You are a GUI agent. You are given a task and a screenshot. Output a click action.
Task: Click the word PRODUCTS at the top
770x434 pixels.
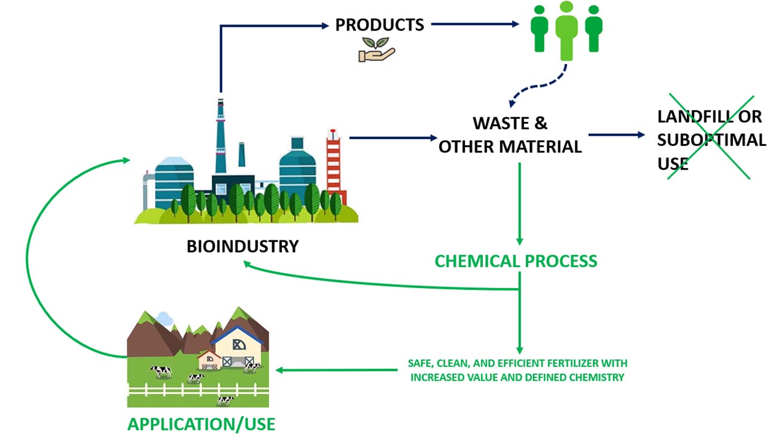pos(380,25)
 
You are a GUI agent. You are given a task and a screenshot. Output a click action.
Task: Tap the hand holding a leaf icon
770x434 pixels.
pos(377,50)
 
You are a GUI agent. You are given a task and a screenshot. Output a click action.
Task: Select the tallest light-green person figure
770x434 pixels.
pos(566,31)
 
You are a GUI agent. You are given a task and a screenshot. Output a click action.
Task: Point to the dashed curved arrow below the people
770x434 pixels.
pos(540,85)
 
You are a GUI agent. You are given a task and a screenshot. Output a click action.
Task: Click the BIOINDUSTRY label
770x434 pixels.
pos(243,246)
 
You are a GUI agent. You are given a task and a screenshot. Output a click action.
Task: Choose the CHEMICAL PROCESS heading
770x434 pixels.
pos(516,261)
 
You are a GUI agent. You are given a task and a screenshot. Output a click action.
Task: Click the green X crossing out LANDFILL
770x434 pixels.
pos(710,137)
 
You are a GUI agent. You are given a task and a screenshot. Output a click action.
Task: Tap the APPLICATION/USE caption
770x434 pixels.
pos(201,424)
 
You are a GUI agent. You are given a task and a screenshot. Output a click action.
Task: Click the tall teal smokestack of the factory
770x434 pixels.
pos(220,137)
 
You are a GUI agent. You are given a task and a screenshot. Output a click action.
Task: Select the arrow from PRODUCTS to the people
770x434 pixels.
pos(475,24)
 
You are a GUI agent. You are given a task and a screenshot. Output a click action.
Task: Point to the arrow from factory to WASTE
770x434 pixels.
pos(393,137)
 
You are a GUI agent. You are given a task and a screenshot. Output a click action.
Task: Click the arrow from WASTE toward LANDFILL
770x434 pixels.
pos(617,135)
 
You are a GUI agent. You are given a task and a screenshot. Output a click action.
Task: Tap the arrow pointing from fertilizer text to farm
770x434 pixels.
pos(337,370)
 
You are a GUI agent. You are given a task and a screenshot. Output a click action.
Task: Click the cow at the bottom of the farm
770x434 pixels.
pos(225,401)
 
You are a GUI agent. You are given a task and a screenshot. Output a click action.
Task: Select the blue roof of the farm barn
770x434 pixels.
pos(237,335)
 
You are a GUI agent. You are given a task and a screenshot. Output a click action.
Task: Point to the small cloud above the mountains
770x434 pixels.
pos(164,319)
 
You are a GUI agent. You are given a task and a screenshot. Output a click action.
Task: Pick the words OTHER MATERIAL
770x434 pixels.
pos(510,146)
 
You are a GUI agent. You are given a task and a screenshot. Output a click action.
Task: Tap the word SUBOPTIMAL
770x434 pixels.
pos(712,140)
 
